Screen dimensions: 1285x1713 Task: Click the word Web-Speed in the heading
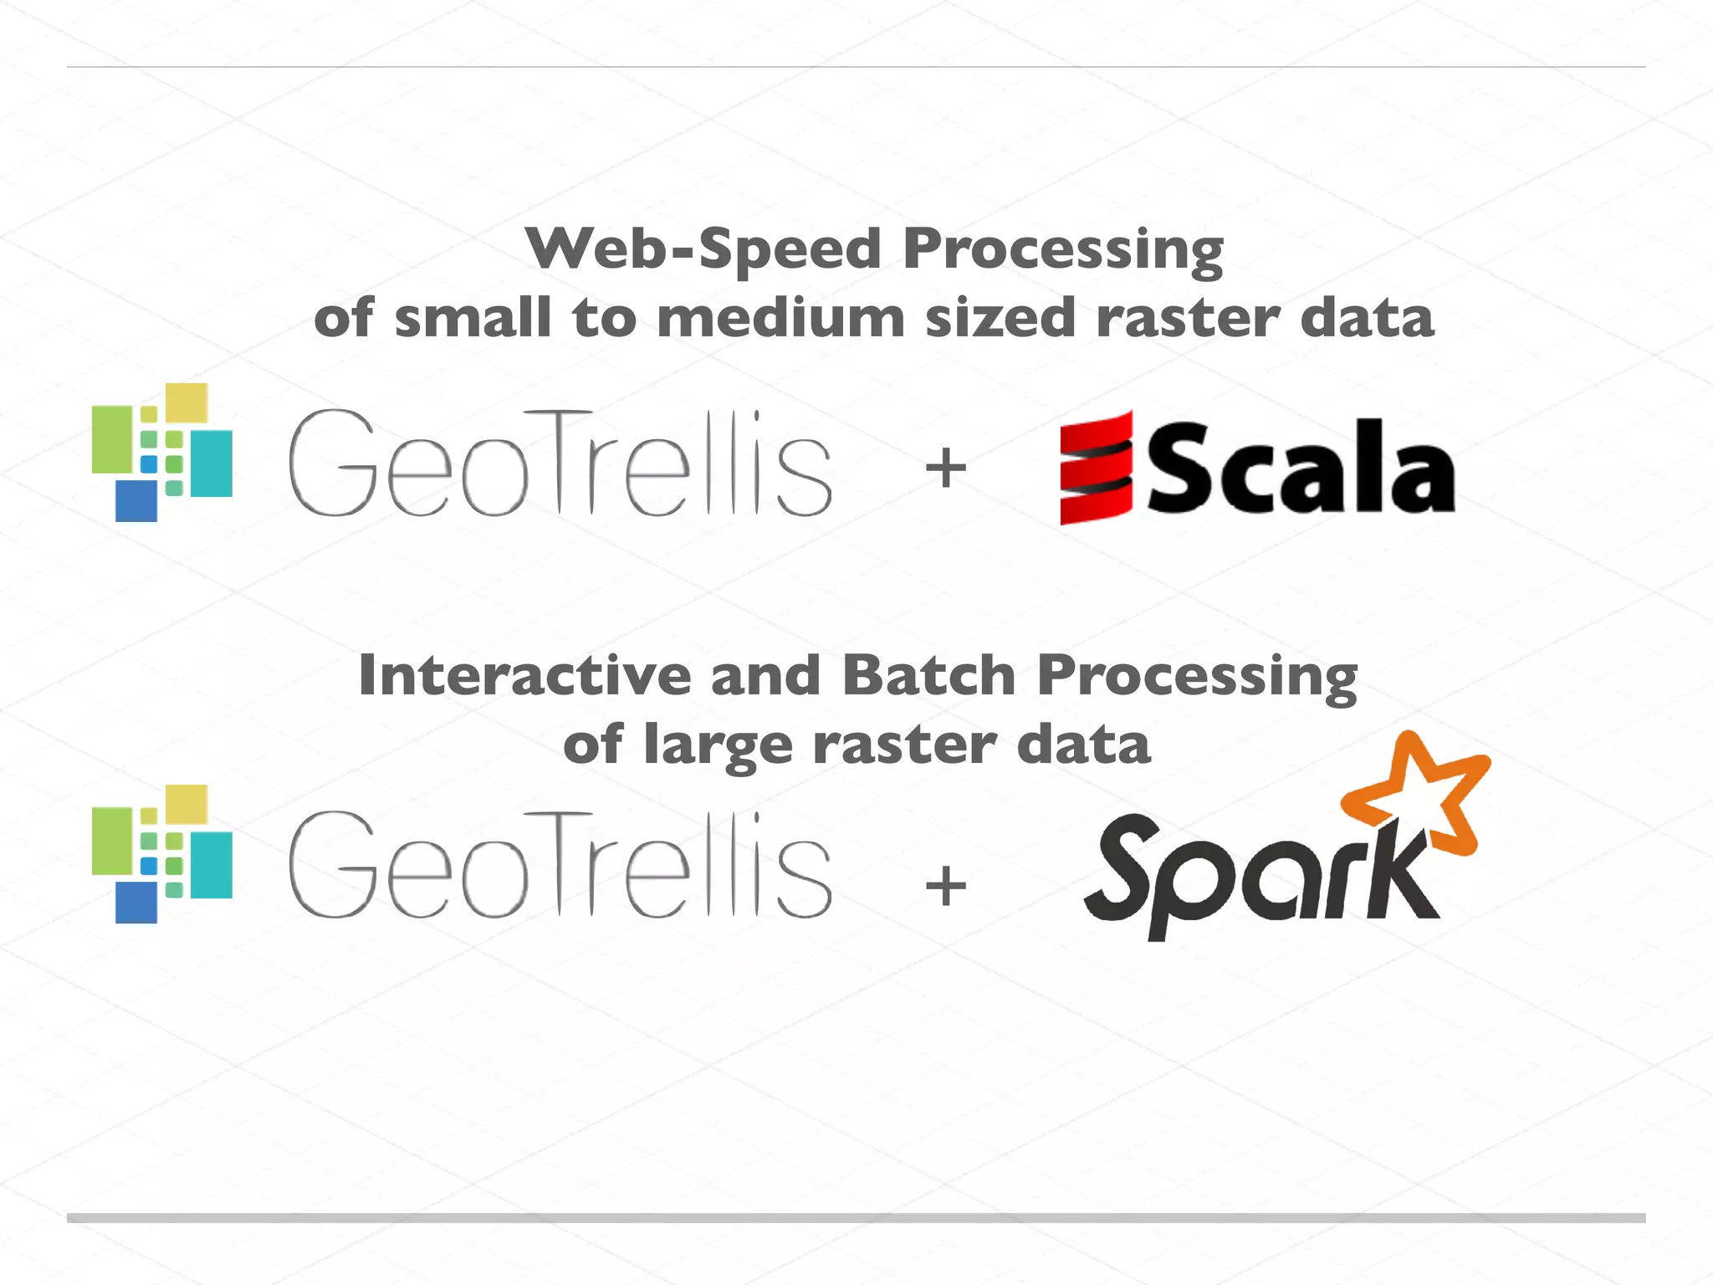pyautogui.click(x=703, y=249)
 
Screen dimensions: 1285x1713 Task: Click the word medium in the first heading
pyautogui.click(x=780, y=319)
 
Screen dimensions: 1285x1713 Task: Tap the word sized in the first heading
pyautogui.click(x=1000, y=319)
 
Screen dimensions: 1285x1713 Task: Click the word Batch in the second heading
pyautogui.click(x=928, y=675)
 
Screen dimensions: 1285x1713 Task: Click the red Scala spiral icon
pyautogui.click(x=1096, y=468)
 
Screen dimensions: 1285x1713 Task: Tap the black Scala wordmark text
pyautogui.click(x=1301, y=468)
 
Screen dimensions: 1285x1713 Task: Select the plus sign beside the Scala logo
pyautogui.click(x=946, y=468)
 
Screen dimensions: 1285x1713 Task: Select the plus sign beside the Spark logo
pyautogui.click(x=946, y=886)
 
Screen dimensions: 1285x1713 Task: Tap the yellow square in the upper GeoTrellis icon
pyautogui.click(x=187, y=402)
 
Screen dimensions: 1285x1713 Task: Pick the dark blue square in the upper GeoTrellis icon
pyautogui.click(x=136, y=500)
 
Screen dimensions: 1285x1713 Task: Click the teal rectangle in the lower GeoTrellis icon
pyautogui.click(x=212, y=865)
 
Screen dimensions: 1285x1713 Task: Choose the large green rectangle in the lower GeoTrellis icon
pyautogui.click(x=112, y=841)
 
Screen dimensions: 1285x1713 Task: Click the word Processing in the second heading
pyautogui.click(x=1197, y=675)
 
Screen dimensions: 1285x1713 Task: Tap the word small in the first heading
pyautogui.click(x=472, y=319)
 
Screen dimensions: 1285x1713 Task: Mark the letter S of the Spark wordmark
pyautogui.click(x=1125, y=866)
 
